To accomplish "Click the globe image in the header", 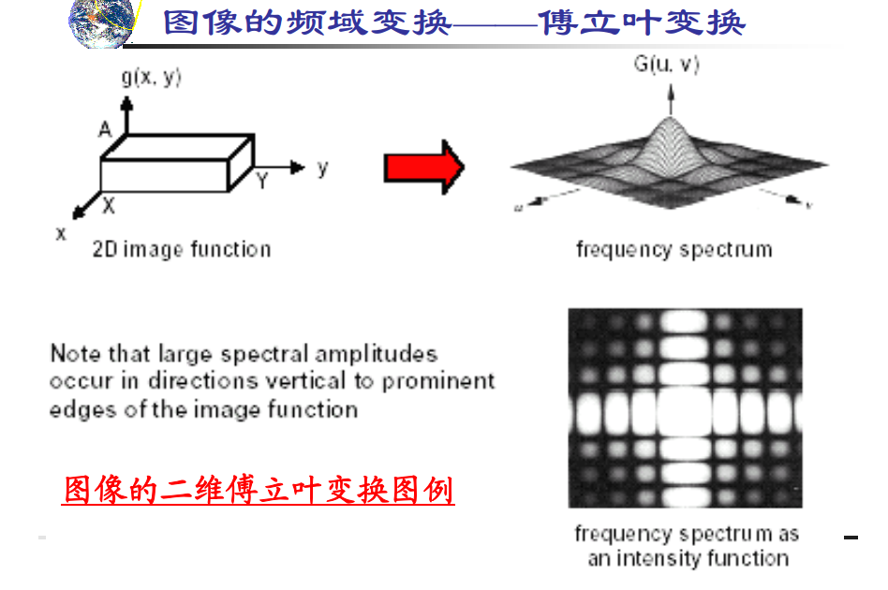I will pyautogui.click(x=101, y=22).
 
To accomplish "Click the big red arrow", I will pyautogui.click(x=423, y=168).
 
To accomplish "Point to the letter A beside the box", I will pyautogui.click(x=105, y=129).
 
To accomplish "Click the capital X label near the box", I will pyautogui.click(x=110, y=203).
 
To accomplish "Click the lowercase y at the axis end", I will pyautogui.click(x=322, y=169).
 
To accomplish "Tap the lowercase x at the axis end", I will pyautogui.click(x=61, y=233).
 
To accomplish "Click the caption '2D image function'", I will pyautogui.click(x=182, y=249).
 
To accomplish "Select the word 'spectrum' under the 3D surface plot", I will pyautogui.click(x=727, y=250).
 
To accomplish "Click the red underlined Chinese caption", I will pyautogui.click(x=259, y=490).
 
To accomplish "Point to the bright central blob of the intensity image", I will pyautogui.click(x=686, y=408).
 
